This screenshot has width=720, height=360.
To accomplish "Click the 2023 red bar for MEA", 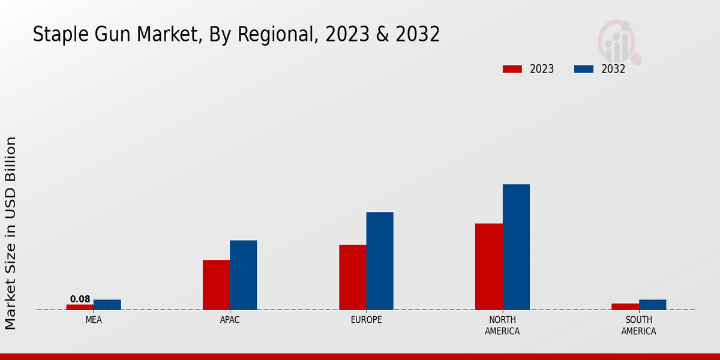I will click(x=80, y=307).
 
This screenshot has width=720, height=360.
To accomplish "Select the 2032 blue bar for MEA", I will click(x=107, y=305).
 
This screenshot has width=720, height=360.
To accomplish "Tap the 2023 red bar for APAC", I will click(x=216, y=285).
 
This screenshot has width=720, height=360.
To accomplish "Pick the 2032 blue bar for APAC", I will click(x=243, y=275).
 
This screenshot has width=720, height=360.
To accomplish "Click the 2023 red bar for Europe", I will click(x=352, y=277).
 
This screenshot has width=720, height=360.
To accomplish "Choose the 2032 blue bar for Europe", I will click(x=380, y=261).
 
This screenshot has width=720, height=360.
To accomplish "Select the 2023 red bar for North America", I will click(x=488, y=266).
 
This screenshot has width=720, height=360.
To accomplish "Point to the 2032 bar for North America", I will click(x=516, y=247).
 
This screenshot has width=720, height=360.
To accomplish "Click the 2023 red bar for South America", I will click(x=625, y=307).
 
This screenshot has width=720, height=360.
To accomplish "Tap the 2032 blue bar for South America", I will click(x=652, y=305).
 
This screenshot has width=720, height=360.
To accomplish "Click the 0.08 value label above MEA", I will click(x=80, y=299).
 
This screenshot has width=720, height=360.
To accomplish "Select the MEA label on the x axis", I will click(x=94, y=320).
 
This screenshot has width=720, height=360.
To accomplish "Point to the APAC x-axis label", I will click(x=230, y=320).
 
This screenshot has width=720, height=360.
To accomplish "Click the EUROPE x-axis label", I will click(x=366, y=320).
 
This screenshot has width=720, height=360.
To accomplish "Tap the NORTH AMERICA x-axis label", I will click(x=502, y=325).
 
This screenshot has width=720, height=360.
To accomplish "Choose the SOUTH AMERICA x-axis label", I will click(x=638, y=325).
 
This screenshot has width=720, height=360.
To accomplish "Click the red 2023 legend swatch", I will click(x=512, y=69).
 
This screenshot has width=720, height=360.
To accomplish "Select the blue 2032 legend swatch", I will click(x=583, y=69).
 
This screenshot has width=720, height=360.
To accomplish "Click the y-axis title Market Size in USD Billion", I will click(x=11, y=233).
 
